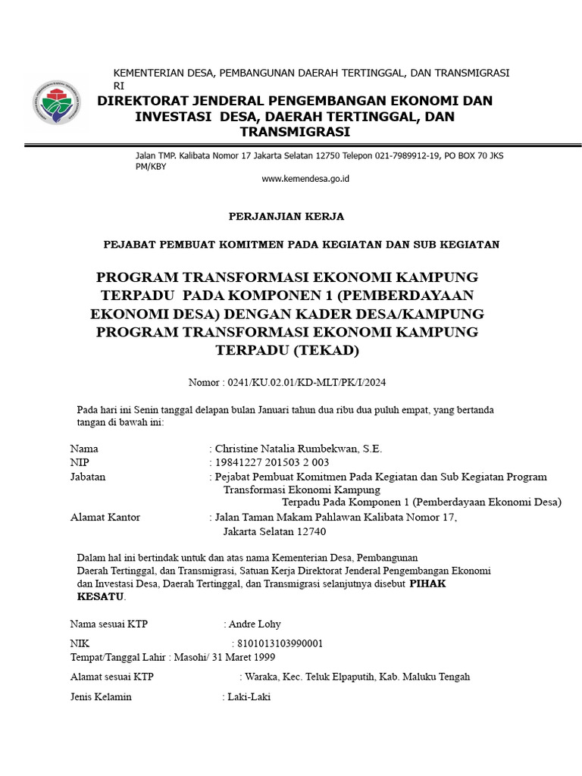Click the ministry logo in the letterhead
click(54, 103)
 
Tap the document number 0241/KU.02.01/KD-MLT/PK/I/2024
click(311, 382)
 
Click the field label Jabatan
click(88, 477)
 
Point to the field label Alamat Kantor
click(105, 518)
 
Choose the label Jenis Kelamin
click(101, 696)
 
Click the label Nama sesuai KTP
click(109, 624)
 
